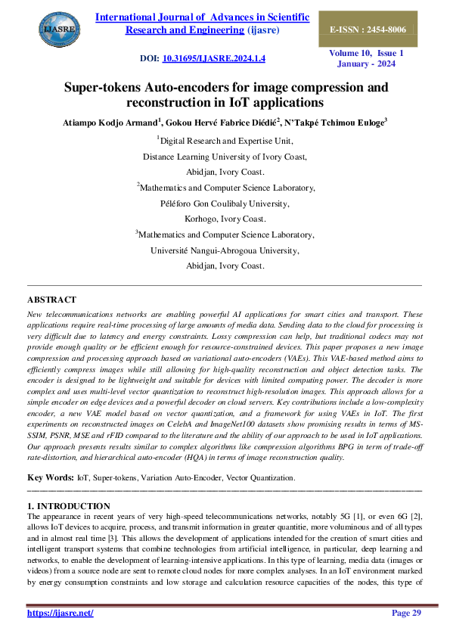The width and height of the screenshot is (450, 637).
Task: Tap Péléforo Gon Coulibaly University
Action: point(225,203)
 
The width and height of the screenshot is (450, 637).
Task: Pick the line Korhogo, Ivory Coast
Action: point(225,219)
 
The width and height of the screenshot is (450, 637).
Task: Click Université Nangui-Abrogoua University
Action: point(225,250)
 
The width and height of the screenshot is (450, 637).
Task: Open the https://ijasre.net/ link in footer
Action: point(60,613)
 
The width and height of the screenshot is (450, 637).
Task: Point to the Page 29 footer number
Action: point(406,613)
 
